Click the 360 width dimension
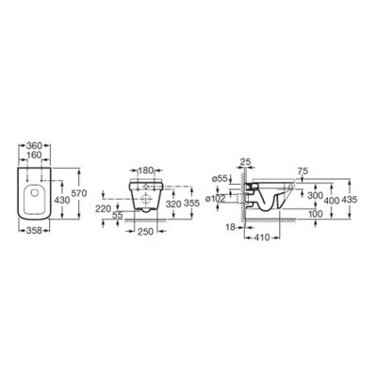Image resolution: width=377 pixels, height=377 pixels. point(34,146)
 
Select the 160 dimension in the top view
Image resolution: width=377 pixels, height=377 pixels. point(34,155)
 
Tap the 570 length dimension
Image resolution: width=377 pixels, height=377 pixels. point(79,193)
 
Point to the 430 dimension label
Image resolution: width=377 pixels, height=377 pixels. point(62,200)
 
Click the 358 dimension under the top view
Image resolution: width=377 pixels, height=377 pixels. point(35,230)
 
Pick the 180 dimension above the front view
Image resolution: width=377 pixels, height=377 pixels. point(145,171)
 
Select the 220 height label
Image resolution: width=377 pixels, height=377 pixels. point(103,208)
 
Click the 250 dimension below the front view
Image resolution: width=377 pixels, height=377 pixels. point(146,232)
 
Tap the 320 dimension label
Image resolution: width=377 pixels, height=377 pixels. point(173,204)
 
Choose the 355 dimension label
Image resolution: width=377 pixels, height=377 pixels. point(192,204)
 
